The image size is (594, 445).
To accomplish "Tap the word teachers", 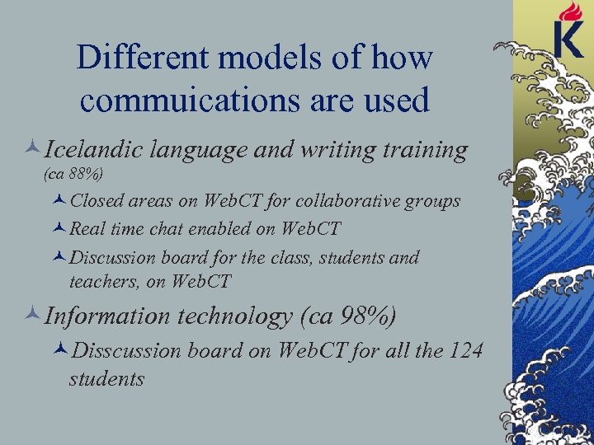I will pos(101,281).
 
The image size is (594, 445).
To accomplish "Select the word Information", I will pos(105,315).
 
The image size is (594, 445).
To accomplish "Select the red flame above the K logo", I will pos(569,12).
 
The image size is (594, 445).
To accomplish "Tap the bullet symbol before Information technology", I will pos(33,316).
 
